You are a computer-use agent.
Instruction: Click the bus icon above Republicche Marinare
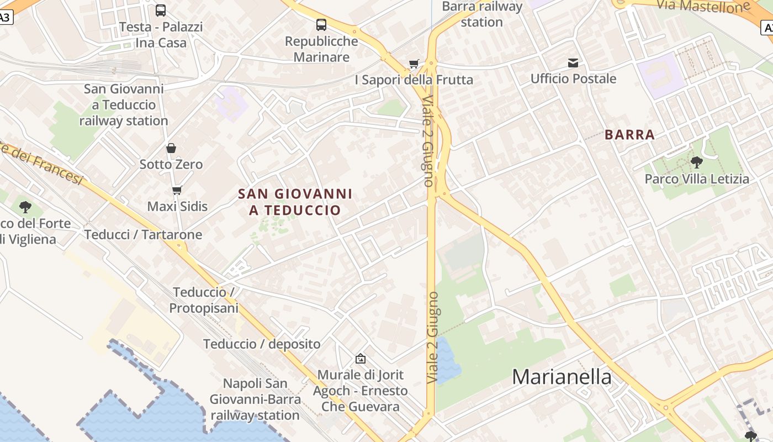[321, 25]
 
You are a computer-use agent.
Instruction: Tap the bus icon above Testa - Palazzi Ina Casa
[161, 10]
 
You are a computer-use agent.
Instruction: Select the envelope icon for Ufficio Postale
[573, 63]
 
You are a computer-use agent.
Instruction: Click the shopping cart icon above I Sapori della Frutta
[414, 64]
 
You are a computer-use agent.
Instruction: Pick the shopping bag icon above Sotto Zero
[171, 148]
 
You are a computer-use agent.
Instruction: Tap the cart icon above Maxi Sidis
[177, 191]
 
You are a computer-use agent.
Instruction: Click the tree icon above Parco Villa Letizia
[697, 162]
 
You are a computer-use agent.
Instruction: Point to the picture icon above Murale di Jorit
[361, 359]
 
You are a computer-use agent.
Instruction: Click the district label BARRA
[629, 135]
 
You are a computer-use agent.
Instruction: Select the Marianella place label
[562, 377]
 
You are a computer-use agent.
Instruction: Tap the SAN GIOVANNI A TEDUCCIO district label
[295, 202]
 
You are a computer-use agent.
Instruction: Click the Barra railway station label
[482, 14]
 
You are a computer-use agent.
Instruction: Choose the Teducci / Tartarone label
[144, 234]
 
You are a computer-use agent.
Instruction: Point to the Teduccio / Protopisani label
[203, 300]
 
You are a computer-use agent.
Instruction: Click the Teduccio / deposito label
[262, 344]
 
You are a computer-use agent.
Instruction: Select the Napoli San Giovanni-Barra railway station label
[255, 399]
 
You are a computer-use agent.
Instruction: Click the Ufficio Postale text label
[573, 78]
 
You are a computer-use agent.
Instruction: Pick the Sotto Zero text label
[171, 164]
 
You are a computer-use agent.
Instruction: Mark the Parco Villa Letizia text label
[697, 179]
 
